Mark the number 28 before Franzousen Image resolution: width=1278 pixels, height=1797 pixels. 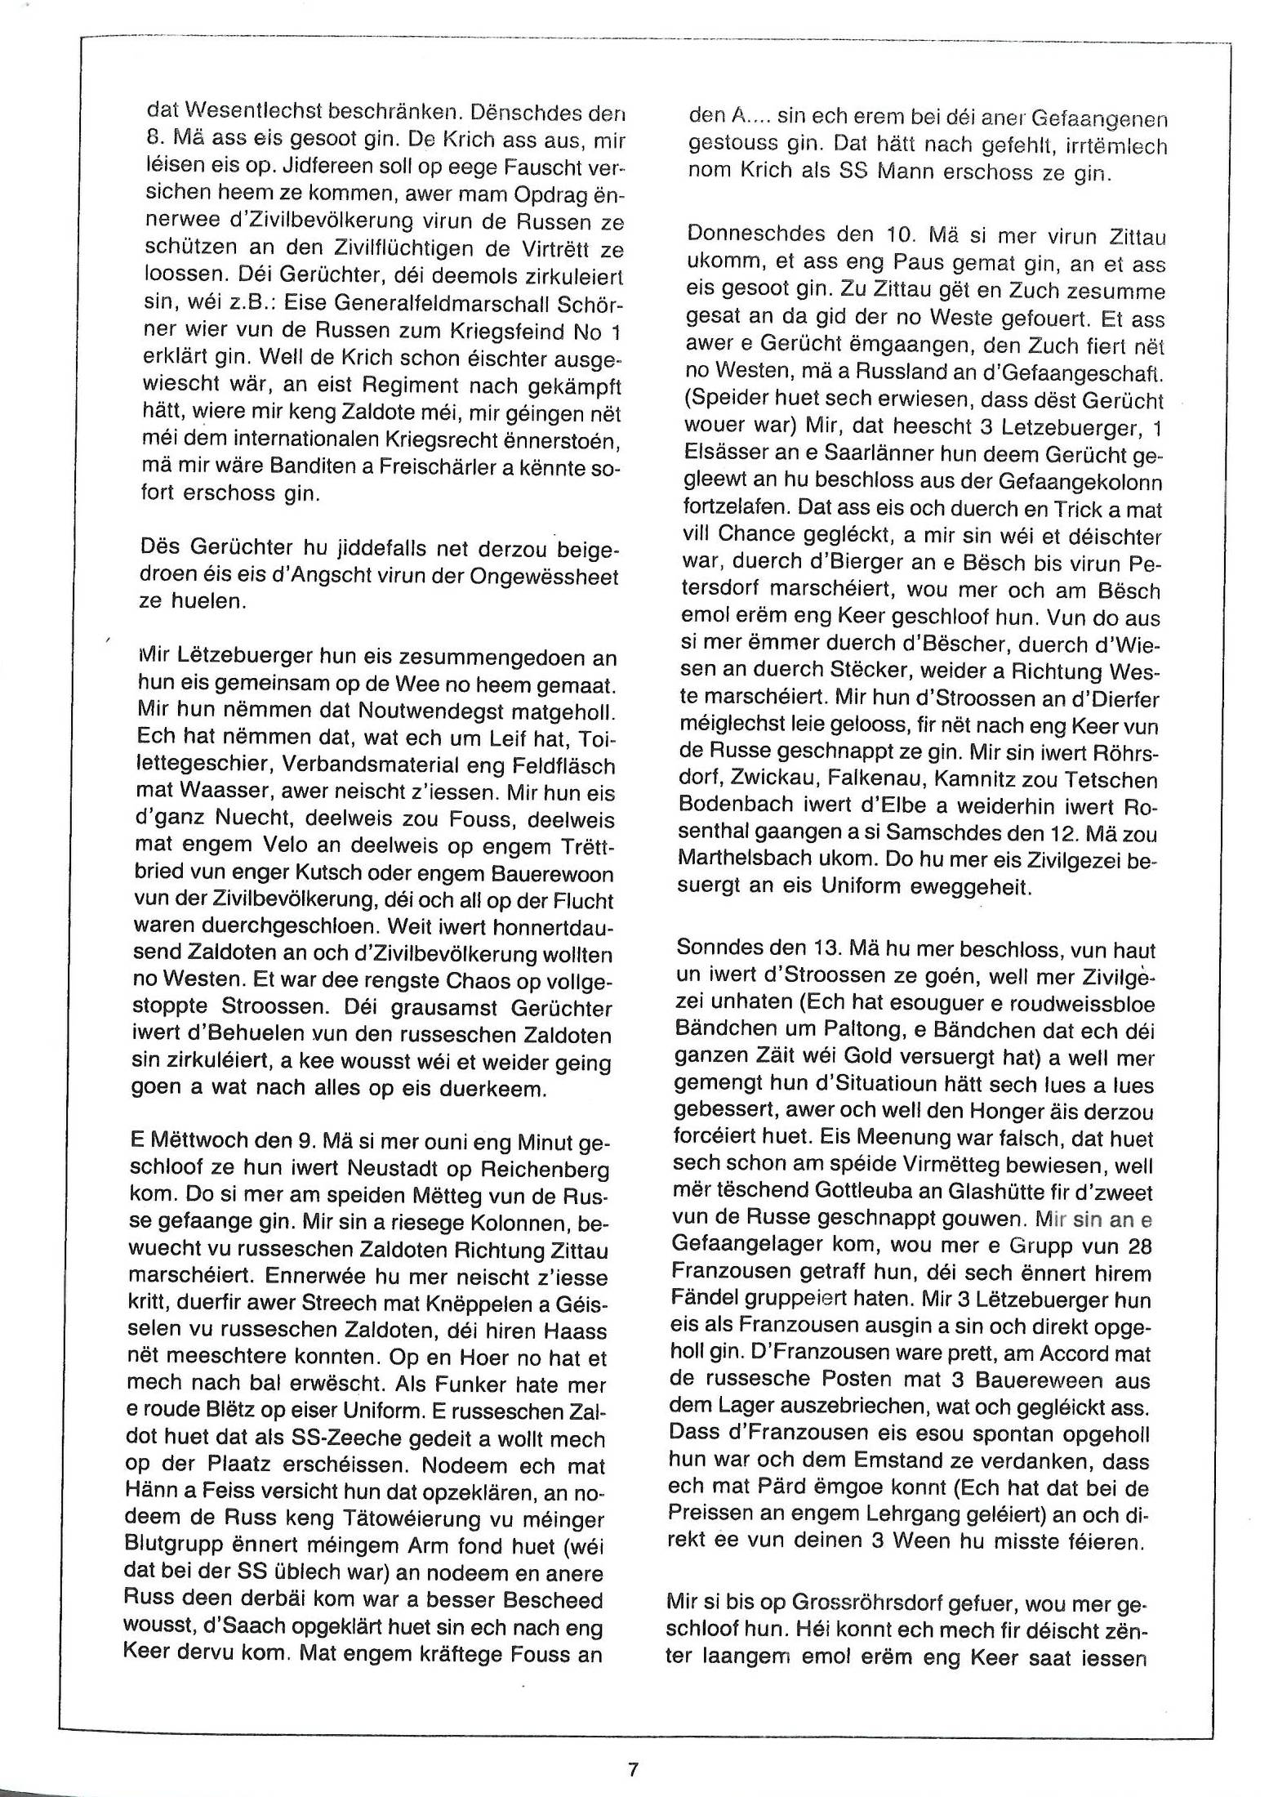[x=1133, y=1246]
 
